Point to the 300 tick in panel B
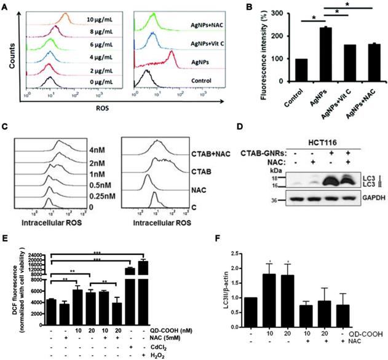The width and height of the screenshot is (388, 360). (264, 13)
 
